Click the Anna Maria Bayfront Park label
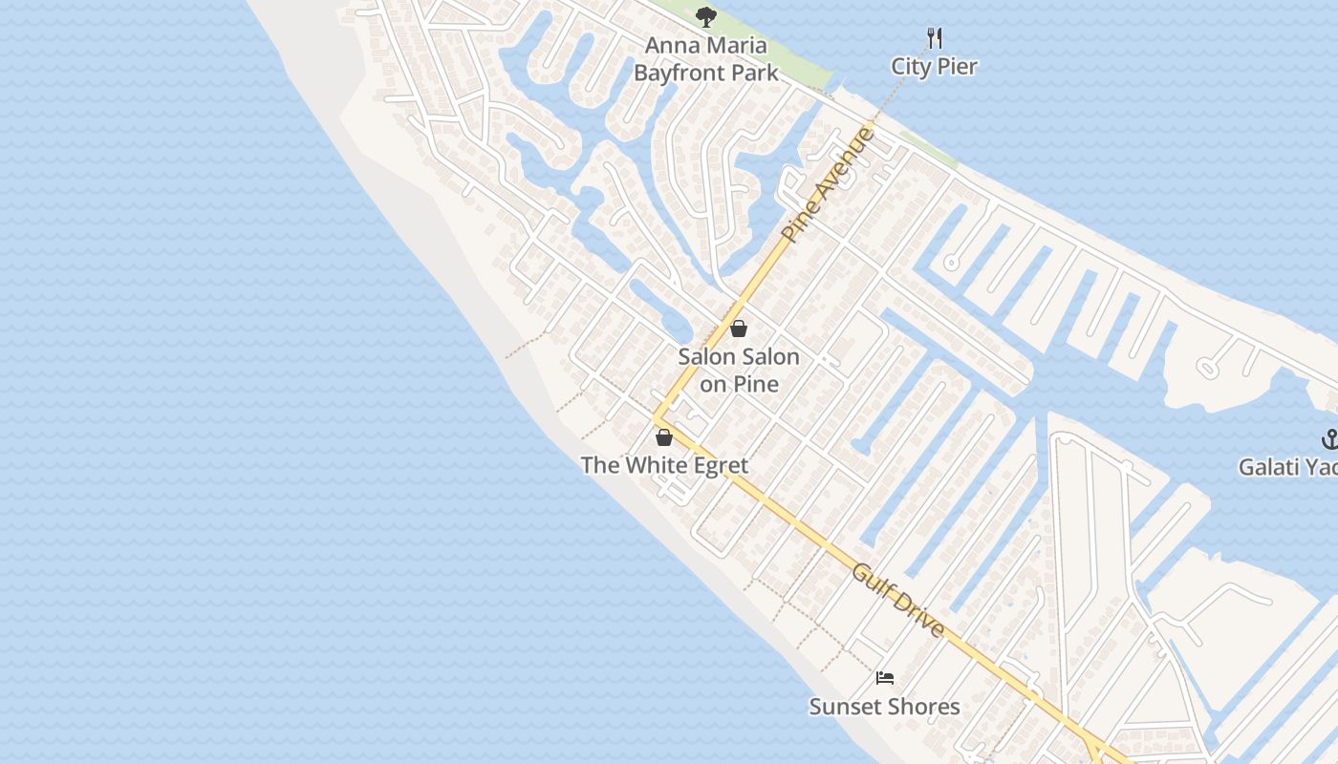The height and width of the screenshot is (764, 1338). tap(705, 59)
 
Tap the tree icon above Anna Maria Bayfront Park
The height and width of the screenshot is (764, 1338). tap(706, 16)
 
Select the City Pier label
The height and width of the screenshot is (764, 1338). tap(934, 66)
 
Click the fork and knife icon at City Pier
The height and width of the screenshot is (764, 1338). tap(935, 38)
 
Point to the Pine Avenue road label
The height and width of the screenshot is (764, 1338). tap(828, 184)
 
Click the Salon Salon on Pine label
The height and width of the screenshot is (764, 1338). tap(739, 370)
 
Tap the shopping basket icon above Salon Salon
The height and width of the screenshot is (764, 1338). tap(739, 329)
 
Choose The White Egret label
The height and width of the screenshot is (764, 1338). tap(664, 465)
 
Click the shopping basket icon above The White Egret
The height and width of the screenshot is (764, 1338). tap(664, 437)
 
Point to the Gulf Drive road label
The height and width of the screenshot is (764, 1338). tap(897, 600)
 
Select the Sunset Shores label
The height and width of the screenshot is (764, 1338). tap(884, 707)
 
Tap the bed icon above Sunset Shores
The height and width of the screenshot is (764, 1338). tap(885, 678)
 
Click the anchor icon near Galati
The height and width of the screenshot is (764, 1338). tap(1329, 439)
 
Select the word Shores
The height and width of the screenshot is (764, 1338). tap(923, 707)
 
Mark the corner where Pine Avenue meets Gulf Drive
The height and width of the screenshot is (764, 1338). tap(657, 418)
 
